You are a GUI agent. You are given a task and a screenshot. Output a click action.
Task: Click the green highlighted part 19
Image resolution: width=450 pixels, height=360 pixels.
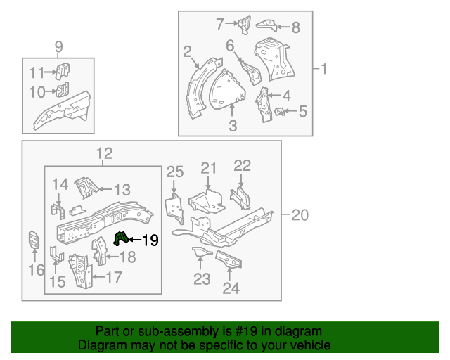[120, 238]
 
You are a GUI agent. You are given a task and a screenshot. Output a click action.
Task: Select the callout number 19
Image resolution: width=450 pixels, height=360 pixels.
[150, 240]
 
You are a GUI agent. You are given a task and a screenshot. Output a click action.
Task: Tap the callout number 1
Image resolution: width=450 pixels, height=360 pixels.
[324, 69]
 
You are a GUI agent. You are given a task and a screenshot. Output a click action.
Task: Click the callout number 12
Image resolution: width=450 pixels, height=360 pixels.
[103, 154]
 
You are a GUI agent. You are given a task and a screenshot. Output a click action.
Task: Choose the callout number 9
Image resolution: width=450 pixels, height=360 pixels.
[58, 47]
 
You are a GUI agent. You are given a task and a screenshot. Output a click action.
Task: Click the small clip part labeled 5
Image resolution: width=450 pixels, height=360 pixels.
[279, 111]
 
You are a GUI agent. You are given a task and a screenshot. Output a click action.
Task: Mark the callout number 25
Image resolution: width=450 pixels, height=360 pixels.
[174, 172]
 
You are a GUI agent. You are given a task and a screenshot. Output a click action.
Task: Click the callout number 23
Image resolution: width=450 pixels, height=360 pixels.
[202, 280]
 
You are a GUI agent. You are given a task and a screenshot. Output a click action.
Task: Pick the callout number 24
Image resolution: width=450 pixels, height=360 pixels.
[231, 287]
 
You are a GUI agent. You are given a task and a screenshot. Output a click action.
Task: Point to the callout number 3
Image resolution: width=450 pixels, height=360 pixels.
[233, 126]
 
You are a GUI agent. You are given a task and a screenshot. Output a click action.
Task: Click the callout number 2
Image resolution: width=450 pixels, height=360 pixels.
[187, 51]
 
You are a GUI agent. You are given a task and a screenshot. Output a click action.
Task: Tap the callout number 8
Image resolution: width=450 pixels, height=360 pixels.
[295, 27]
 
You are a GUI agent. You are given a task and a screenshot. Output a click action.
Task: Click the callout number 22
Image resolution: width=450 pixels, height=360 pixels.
[242, 166]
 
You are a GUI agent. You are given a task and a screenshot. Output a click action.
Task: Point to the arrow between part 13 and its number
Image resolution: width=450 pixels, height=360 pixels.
[103, 188]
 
